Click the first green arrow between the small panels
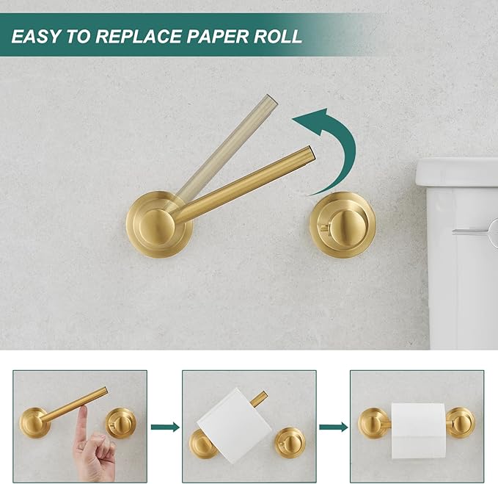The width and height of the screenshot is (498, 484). coord(166,427)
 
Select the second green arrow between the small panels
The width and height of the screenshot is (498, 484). coord(334,427)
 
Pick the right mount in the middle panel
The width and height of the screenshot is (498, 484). coord(290,442)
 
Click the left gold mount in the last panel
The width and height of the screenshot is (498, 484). coord(373,423)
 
